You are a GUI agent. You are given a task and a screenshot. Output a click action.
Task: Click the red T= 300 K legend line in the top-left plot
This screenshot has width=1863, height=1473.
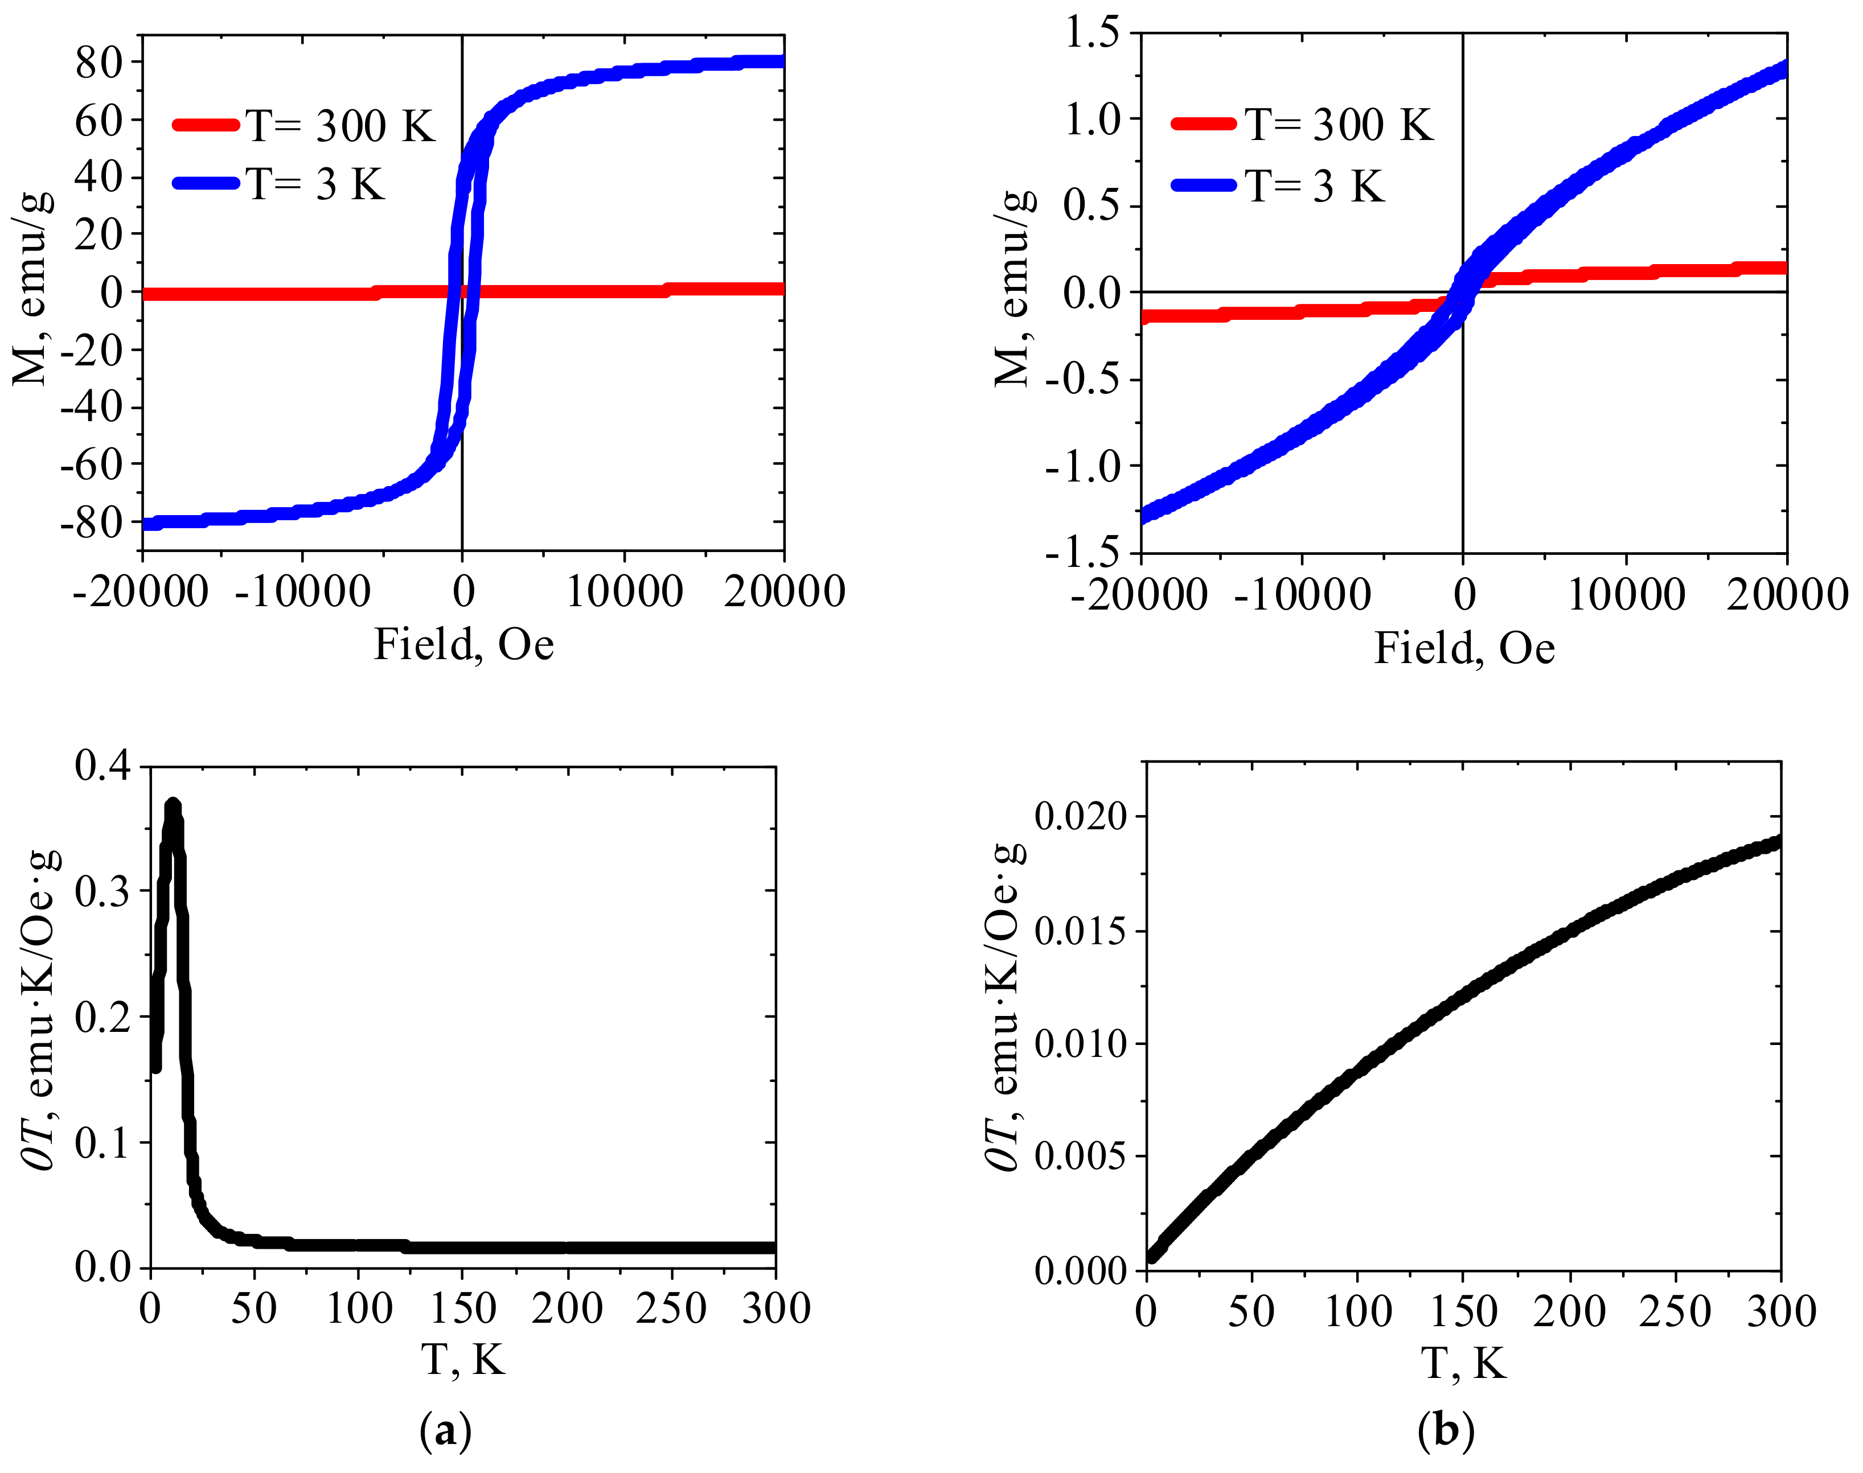(206, 125)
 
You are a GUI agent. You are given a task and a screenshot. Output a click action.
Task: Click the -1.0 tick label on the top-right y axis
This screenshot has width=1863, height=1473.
(1082, 467)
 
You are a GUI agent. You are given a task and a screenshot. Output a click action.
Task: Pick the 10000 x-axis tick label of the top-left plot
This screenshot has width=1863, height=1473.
(623, 591)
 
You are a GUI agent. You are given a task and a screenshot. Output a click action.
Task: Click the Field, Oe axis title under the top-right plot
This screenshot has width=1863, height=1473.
(1464, 648)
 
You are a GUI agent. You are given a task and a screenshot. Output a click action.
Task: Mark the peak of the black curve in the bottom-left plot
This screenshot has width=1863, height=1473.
(173, 805)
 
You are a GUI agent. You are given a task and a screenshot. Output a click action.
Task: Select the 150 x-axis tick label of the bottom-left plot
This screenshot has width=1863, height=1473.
(463, 1309)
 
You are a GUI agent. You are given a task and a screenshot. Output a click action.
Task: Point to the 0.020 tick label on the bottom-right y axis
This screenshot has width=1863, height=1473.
(1080, 816)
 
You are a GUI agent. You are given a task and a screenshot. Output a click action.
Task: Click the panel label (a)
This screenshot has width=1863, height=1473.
(445, 1431)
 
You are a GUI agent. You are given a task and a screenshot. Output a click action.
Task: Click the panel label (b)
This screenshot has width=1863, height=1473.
(1446, 1431)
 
